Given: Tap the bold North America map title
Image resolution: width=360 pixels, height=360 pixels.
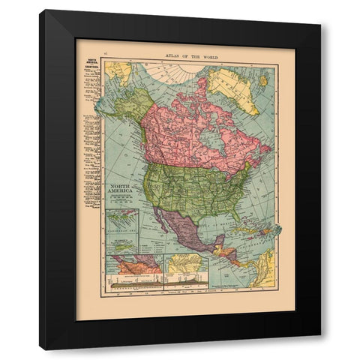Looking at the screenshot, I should click(x=122, y=190).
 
